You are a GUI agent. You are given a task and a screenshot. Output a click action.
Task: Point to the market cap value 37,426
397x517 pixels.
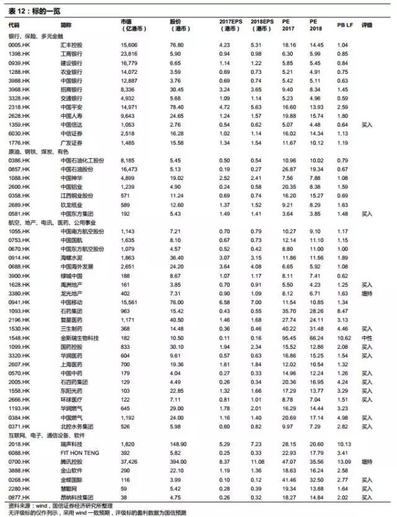[129, 462]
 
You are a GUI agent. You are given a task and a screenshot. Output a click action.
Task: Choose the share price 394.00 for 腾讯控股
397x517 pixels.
[178, 462]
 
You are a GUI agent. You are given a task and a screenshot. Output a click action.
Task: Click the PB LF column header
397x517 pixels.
[346, 25]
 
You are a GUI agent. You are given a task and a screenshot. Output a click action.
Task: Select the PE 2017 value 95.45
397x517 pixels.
[290, 337]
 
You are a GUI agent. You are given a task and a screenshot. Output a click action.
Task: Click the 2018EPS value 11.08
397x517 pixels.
[259, 462]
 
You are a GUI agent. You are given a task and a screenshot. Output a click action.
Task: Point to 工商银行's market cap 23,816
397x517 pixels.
[129, 54]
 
